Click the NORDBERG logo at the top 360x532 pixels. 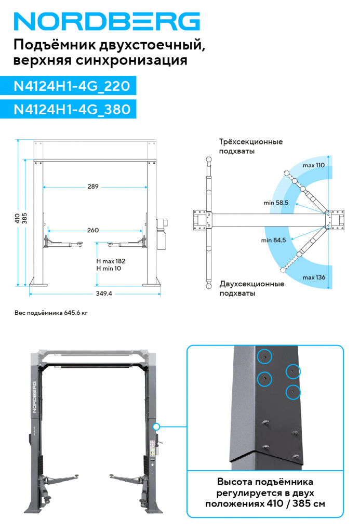coord(106,21)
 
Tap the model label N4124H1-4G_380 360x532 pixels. coord(71,110)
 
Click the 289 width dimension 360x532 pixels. coord(93,187)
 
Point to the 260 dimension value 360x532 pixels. coord(93,230)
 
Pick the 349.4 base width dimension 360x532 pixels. coord(104,294)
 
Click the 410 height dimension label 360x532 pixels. coord(17,217)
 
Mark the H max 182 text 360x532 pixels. coord(111,261)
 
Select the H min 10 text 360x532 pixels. coord(109,268)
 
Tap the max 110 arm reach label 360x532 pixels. coord(313,165)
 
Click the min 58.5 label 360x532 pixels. coord(275,203)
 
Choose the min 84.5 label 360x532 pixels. coord(274,240)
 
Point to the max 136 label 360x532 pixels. coord(314,277)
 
